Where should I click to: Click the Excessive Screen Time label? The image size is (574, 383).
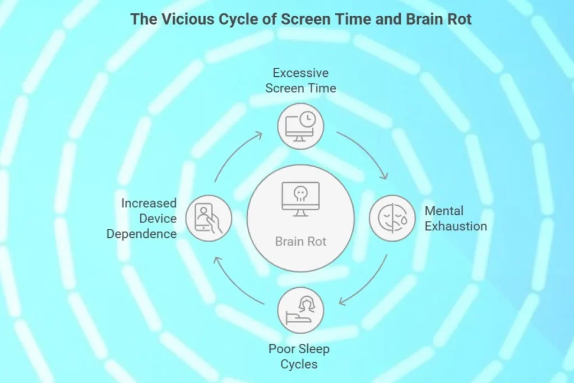[300, 80]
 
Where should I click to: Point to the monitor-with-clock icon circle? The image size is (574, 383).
[300, 126]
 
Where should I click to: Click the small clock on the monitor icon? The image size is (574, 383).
[307, 119]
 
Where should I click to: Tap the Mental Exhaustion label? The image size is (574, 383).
[455, 219]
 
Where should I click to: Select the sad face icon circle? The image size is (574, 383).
[392, 218]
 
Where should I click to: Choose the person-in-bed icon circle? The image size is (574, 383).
[300, 310]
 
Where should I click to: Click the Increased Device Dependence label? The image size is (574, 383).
[142, 219]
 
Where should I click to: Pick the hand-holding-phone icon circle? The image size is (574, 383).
[209, 218]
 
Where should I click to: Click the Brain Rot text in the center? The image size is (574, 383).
[300, 242]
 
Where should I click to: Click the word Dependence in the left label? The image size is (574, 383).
[142, 234]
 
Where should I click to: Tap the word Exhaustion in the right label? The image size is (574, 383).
[455, 227]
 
